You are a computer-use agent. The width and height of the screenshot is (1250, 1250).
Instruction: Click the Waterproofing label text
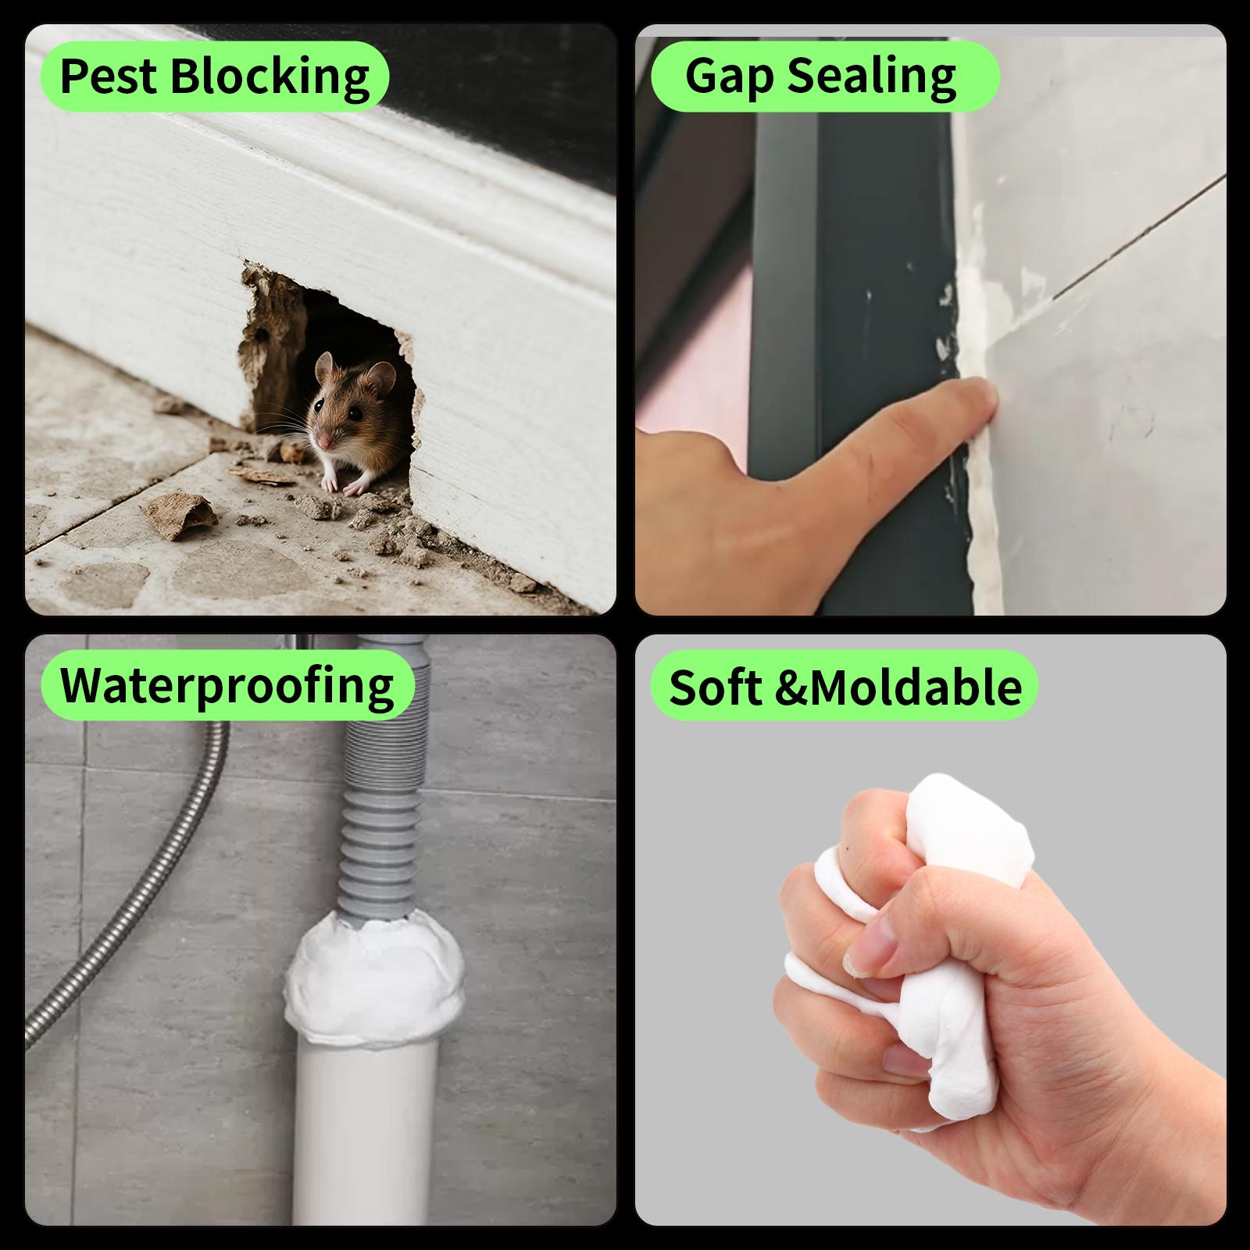coord(227,685)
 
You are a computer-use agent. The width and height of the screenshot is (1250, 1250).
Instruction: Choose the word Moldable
coord(916,687)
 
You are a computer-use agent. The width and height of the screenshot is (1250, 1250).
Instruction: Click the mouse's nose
coord(323,442)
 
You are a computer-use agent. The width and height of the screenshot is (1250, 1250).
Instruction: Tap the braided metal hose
coord(133,898)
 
